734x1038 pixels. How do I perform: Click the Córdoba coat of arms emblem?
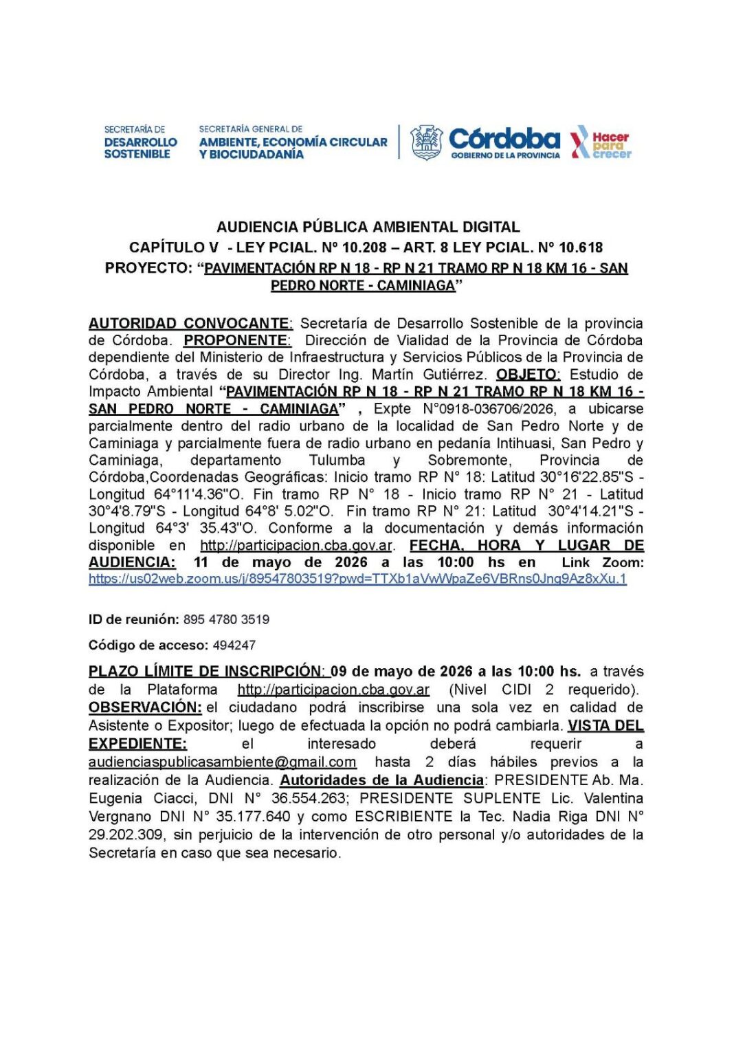click(x=426, y=142)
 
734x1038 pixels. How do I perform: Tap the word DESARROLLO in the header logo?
click(x=140, y=142)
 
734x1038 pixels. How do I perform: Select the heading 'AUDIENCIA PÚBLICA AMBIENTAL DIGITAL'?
click(x=368, y=227)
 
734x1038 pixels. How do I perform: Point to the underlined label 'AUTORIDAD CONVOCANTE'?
click(x=190, y=323)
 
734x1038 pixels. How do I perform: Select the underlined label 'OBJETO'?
click(x=527, y=375)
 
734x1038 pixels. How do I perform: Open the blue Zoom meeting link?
click(x=357, y=579)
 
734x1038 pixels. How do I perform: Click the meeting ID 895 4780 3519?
click(x=226, y=619)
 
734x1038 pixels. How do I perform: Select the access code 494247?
click(x=234, y=645)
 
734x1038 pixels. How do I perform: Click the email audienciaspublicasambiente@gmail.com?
click(x=222, y=762)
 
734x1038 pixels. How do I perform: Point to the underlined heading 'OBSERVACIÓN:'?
click(x=145, y=707)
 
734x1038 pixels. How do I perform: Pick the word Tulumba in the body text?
click(x=337, y=461)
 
